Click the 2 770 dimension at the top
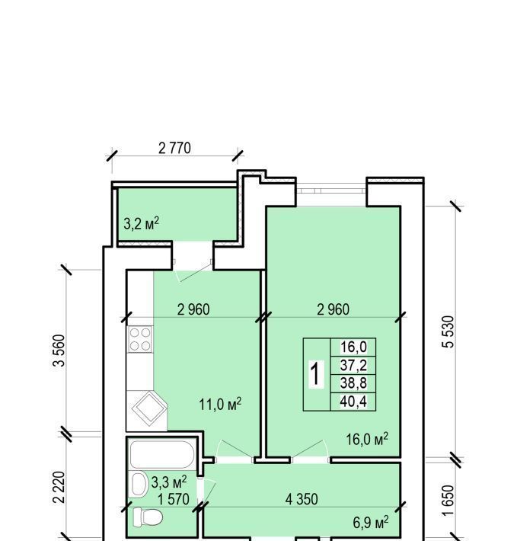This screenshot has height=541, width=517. tap(174, 148)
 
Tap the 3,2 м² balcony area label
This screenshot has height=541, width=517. tap(142, 223)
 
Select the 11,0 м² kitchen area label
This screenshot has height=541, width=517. tap(220, 404)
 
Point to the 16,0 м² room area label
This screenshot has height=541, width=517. tap(367, 439)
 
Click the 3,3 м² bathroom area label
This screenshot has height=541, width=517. tap(169, 482)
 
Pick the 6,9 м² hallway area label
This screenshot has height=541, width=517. tap(371, 523)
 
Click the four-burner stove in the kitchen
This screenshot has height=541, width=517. tap(140, 339)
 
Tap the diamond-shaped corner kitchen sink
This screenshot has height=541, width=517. tap(148, 409)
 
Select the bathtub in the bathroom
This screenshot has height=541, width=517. tap(161, 454)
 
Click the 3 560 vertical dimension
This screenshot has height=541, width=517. tap(59, 351)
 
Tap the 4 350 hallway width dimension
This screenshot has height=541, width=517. tap(302, 499)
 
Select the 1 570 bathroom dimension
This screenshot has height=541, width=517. tap(174, 499)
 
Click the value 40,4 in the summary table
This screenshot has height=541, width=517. tap(353, 402)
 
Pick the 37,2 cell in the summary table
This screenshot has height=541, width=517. tap(353, 365)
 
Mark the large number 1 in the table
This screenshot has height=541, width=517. tap(316, 373)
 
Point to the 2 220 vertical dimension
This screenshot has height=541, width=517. tap(59, 488)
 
